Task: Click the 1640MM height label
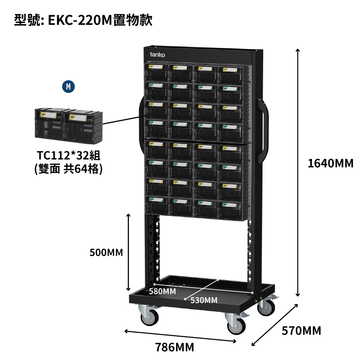click(x=330, y=163)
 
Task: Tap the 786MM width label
click(x=175, y=347)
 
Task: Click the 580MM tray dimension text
click(x=162, y=291)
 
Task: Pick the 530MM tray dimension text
click(x=204, y=300)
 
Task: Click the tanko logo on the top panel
click(x=157, y=55)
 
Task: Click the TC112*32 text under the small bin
click(x=68, y=156)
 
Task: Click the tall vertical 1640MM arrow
click(x=298, y=173)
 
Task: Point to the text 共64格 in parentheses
click(x=82, y=169)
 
